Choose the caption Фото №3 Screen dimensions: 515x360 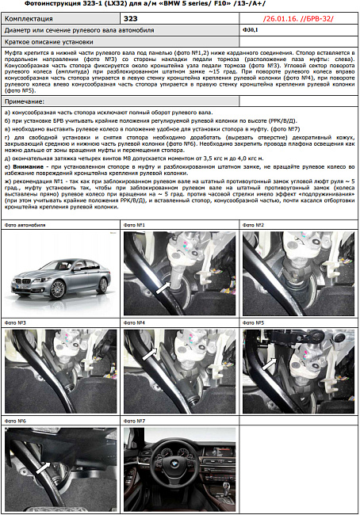pos(16,323)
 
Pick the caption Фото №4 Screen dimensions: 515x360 pos(134,323)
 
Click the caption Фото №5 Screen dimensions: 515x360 pos(253,323)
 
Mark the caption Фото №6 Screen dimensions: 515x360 pos(16,421)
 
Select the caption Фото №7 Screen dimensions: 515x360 pos(134,421)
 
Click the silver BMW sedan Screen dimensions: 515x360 pos(59,277)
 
